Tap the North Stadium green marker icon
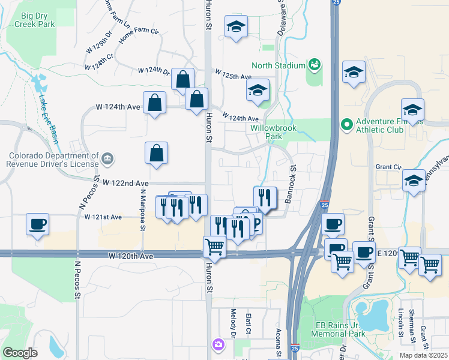coord(313,64)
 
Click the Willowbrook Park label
coord(267,132)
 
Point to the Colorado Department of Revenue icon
coord(107,158)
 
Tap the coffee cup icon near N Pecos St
coord(37,225)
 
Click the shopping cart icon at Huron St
coord(214,246)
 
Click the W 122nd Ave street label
coord(125,182)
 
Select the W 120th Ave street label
coord(131,256)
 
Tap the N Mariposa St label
coord(143,209)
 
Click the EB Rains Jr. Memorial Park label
coord(340,329)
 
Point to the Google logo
coord(20,353)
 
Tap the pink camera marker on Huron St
coord(217,344)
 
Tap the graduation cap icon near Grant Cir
coord(414,181)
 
